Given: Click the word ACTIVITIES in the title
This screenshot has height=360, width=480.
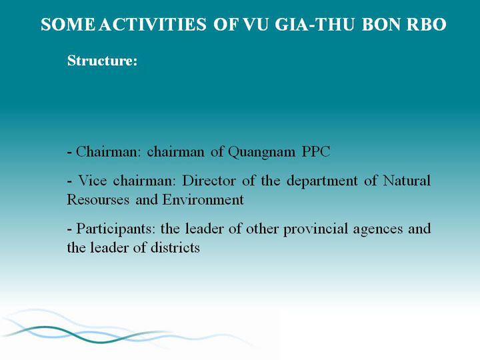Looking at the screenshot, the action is point(153,25).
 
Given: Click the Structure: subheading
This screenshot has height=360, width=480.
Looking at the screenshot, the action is point(102,60).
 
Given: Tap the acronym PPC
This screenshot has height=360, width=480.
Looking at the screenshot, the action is point(316,151).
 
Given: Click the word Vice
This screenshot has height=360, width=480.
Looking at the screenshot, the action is point(93,180).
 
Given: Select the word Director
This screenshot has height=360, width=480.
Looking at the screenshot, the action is point(209,180).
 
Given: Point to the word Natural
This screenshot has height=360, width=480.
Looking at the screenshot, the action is point(407,180).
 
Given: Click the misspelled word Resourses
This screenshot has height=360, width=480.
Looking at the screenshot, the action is point(98,199).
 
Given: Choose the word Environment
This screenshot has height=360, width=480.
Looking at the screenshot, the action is point(203,199).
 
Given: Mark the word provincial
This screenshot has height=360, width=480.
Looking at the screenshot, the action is point(315,229).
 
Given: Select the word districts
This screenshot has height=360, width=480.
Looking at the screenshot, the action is point(175,247).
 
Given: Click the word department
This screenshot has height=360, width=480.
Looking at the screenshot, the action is point(322,181).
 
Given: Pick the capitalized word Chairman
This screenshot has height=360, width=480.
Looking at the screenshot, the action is point(106,151).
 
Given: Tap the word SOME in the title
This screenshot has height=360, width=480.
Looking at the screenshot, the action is point(68,25).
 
